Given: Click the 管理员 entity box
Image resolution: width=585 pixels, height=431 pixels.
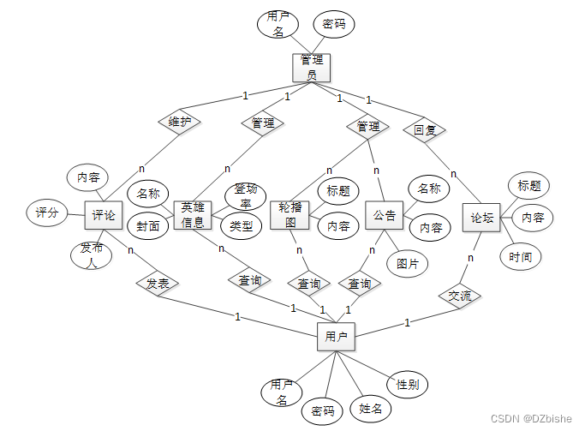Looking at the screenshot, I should click(x=312, y=68).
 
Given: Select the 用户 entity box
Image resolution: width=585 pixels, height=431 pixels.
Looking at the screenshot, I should click(x=336, y=337).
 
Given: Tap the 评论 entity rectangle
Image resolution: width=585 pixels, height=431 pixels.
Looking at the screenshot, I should click(x=104, y=215).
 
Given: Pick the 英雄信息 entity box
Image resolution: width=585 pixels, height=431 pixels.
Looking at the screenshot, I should click(x=193, y=215).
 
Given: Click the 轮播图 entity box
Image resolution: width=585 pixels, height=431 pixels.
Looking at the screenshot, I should click(x=288, y=215).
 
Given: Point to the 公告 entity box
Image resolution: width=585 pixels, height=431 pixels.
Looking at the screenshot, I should click(x=384, y=215).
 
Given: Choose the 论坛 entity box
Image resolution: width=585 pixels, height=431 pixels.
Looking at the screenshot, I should click(x=481, y=218).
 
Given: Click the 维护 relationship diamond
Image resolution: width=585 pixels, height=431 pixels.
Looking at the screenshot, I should click(x=179, y=123).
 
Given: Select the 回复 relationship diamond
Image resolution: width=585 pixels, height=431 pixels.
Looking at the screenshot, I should click(x=424, y=130).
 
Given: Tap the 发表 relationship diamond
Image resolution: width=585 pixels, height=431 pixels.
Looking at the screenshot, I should click(x=157, y=281).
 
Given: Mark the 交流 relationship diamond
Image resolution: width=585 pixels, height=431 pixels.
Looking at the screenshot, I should click(x=460, y=296).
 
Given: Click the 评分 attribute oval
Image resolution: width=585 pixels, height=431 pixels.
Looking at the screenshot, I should click(x=47, y=213).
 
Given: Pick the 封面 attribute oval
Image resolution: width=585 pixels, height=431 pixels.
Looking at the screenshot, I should click(x=148, y=226).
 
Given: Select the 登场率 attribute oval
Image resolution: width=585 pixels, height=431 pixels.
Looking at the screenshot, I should click(x=247, y=196).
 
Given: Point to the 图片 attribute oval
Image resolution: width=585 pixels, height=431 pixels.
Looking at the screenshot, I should click(x=407, y=264).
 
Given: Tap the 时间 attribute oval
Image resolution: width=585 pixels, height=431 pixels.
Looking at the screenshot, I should click(x=520, y=256).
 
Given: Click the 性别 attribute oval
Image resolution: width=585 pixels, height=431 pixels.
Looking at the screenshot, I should click(x=407, y=384).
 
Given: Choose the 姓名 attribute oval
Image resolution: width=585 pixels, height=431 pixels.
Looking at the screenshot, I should click(x=370, y=409).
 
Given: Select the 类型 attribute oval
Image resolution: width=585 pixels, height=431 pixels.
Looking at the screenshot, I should click(x=241, y=225).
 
